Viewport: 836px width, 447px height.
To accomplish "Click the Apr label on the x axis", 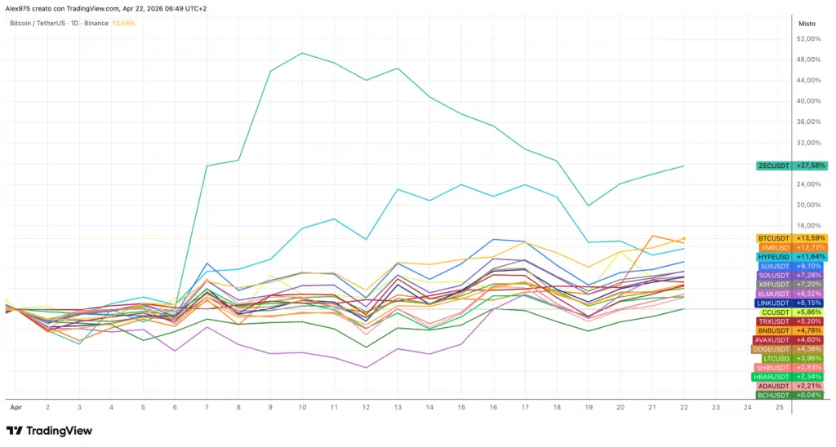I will pyautogui.click(x=15, y=406).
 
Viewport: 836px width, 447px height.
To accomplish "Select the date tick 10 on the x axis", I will pyautogui.click(x=303, y=406).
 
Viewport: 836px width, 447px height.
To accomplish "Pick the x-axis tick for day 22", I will pyautogui.click(x=683, y=406).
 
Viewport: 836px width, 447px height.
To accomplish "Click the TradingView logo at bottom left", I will pyautogui.click(x=49, y=431).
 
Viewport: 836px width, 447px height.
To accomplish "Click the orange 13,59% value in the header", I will pyautogui.click(x=122, y=23).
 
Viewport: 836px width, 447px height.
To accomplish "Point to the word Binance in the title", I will pyautogui.click(x=96, y=23).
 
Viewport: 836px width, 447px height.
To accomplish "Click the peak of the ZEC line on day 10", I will pyautogui.click(x=303, y=53).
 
